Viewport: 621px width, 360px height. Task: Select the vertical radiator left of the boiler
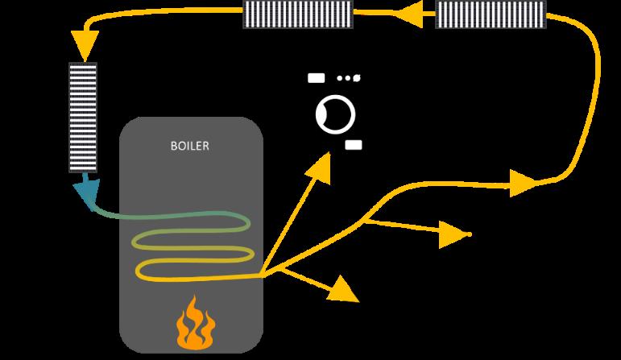tap(82, 117)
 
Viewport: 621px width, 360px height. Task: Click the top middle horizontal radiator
tap(298, 14)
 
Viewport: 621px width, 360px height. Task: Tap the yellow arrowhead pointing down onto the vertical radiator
tap(82, 42)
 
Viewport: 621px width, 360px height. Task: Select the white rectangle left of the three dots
tap(317, 78)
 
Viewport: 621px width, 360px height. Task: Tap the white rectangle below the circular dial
tap(354, 145)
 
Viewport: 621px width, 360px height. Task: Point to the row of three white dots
tap(348, 78)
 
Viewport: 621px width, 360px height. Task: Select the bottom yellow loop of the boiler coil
tap(193, 271)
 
